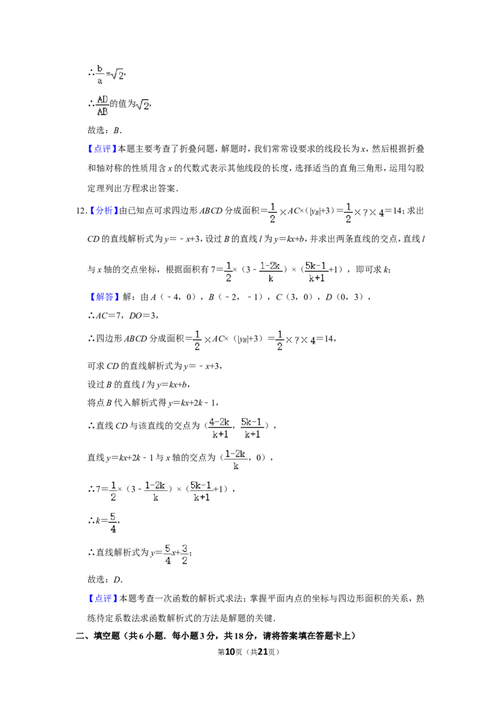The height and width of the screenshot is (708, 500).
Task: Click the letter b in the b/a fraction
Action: pos(99,66)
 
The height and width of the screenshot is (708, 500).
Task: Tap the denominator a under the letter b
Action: pos(99,79)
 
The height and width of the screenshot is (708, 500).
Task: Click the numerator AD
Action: pos(102,98)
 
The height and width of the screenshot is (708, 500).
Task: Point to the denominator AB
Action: pos(102,112)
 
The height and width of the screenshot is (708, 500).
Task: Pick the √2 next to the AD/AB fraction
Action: pos(143,105)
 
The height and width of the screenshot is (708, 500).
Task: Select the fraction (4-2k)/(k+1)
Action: pos(221,428)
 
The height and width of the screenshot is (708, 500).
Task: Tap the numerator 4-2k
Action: pos(221,422)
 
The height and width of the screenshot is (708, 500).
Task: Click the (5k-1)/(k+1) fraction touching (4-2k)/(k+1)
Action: pos(252,428)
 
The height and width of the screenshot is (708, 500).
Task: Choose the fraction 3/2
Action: pos(185,554)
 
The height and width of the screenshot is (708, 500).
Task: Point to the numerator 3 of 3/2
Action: pos(185,547)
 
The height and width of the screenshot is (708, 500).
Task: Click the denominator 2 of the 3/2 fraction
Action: pos(185,560)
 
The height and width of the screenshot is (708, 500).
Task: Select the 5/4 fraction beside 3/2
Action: pos(167,554)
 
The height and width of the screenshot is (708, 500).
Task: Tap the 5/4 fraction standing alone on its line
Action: pos(112,523)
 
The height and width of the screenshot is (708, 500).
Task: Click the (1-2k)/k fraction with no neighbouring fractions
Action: pos(235,460)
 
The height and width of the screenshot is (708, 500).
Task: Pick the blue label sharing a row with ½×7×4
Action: pos(104,211)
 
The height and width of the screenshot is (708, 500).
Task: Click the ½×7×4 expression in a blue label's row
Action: pos(362,213)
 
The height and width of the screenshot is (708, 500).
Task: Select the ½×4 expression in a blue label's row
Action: pos(277,213)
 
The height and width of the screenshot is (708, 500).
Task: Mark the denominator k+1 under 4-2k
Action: pos(221,434)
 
